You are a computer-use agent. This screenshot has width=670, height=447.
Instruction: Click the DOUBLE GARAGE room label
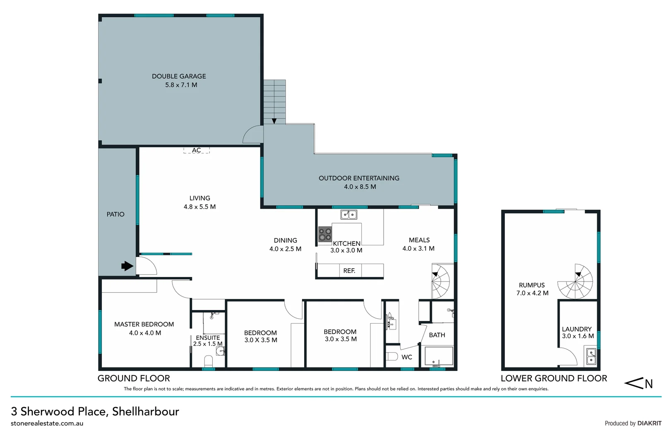point(179,76)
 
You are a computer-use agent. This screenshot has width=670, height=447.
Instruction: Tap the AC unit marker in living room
point(197,150)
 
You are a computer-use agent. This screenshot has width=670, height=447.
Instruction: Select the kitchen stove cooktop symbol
point(325,235)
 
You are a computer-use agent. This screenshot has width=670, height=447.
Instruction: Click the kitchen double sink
point(348,214)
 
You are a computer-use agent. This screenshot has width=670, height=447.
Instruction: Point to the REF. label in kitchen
point(349,271)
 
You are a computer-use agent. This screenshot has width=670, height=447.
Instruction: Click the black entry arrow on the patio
point(127,266)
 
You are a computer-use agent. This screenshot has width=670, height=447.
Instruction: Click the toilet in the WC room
point(391,356)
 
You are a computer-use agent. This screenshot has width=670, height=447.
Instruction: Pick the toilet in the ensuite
point(208,361)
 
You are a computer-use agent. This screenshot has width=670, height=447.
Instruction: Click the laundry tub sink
point(591,357)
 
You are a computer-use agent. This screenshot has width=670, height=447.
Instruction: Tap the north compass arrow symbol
point(638,384)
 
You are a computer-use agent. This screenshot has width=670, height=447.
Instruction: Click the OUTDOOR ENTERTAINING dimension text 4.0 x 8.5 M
point(360,187)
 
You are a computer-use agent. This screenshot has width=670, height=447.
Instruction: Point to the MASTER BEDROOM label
point(144,324)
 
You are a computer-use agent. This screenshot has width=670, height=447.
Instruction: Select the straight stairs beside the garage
point(274,101)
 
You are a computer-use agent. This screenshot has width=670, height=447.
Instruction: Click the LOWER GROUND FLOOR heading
point(554,378)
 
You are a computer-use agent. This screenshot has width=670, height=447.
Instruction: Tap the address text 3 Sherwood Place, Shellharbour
point(95,411)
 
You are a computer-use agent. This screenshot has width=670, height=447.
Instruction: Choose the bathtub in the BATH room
point(439,356)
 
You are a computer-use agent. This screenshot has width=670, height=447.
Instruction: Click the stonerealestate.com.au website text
point(47,423)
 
